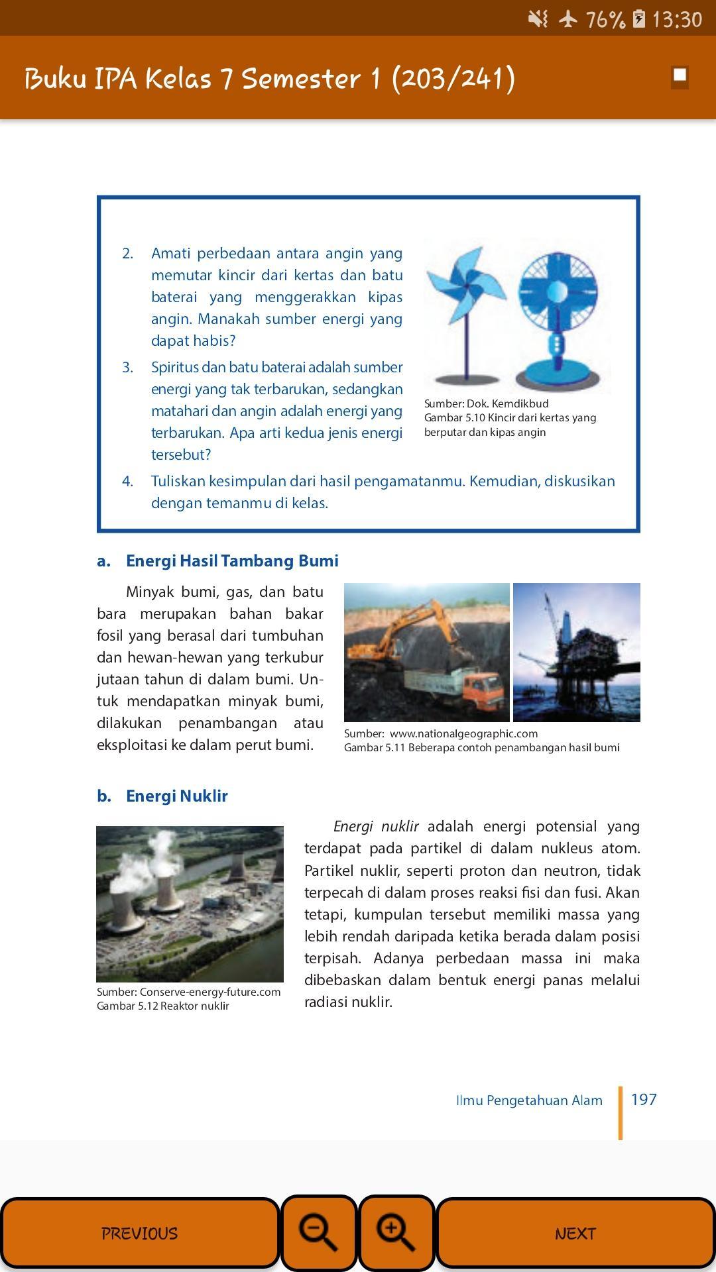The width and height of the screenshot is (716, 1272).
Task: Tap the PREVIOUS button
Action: (x=140, y=1233)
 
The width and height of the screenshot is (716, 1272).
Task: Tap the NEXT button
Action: (x=575, y=1233)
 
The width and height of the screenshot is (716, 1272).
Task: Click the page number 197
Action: (x=644, y=1100)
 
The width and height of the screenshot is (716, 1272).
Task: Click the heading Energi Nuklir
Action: (x=176, y=796)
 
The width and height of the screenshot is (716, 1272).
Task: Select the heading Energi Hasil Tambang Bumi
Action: (x=232, y=560)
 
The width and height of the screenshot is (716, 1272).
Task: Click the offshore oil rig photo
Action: (x=576, y=653)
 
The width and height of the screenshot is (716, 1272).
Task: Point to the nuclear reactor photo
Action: (x=190, y=904)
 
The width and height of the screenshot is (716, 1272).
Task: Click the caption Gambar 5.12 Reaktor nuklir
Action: (x=163, y=1006)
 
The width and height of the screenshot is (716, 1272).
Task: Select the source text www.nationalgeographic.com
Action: (x=463, y=733)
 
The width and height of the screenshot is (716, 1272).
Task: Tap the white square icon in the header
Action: (x=680, y=76)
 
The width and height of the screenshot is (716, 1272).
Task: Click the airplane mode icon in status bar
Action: (x=568, y=19)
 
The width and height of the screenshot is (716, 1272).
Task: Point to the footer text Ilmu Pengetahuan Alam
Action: (x=529, y=1100)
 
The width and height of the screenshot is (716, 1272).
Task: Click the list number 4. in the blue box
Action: (x=128, y=481)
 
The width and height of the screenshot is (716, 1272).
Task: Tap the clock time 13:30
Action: (x=676, y=19)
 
